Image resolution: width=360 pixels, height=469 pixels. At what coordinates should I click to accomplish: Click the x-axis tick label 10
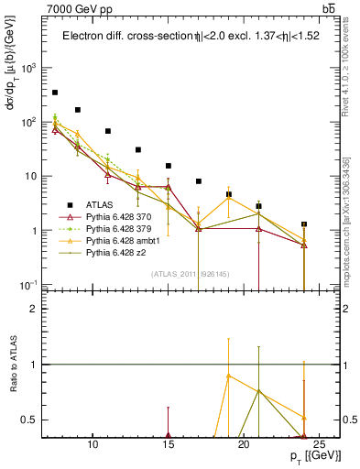[93, 446]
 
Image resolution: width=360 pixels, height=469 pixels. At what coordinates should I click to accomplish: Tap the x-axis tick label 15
[169, 446]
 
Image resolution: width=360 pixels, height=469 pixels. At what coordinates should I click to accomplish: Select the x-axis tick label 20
[244, 446]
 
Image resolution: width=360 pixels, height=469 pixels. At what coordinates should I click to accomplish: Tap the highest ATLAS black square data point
[55, 93]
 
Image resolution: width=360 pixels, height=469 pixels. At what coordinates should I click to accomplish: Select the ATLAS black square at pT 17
[199, 181]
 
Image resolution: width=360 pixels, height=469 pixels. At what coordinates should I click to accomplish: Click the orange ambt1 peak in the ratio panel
[228, 376]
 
